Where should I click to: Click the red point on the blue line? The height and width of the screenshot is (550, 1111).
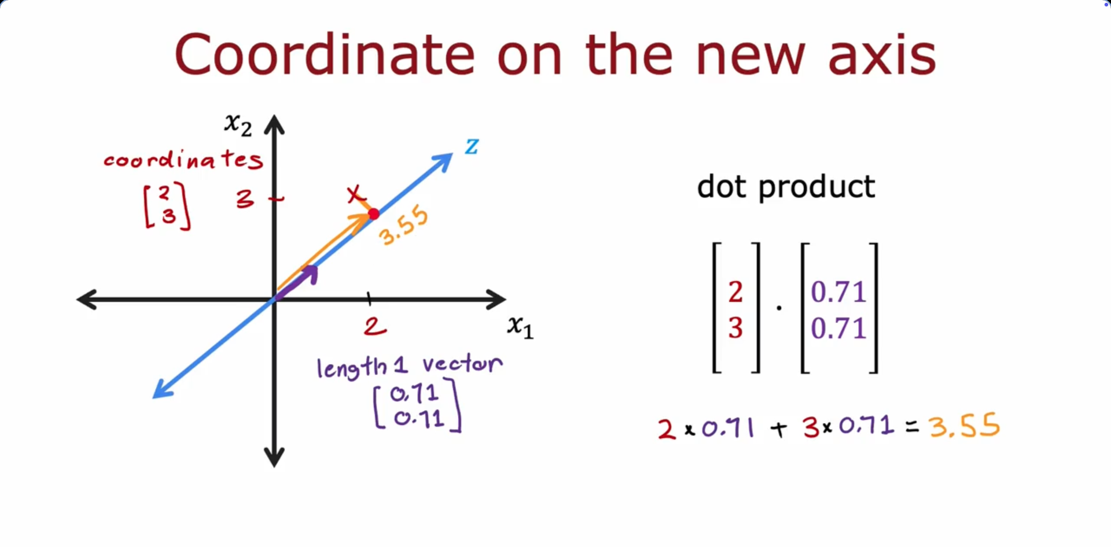(374, 214)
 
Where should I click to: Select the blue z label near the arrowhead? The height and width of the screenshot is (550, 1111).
(472, 146)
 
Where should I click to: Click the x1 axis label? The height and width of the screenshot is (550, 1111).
(520, 327)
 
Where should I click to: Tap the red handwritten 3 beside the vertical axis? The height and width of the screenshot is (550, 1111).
(245, 199)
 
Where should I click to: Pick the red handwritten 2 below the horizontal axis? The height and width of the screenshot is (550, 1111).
(375, 327)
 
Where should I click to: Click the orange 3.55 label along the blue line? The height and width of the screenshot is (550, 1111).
(404, 226)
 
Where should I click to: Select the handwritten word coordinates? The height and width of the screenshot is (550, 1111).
(183, 158)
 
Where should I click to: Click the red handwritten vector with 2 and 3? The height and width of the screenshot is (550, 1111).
(167, 206)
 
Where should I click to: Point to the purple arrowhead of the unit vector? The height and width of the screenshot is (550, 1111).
(310, 273)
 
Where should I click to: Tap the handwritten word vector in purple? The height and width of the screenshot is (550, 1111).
(462, 364)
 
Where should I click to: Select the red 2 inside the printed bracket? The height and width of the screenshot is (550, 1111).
(735, 292)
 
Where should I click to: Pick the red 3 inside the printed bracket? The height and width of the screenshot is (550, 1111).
(735, 328)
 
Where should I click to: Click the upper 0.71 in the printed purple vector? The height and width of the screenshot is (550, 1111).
(838, 292)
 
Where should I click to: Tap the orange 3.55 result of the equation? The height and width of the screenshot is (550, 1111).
(965, 426)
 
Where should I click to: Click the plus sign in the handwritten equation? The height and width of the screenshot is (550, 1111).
(779, 429)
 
